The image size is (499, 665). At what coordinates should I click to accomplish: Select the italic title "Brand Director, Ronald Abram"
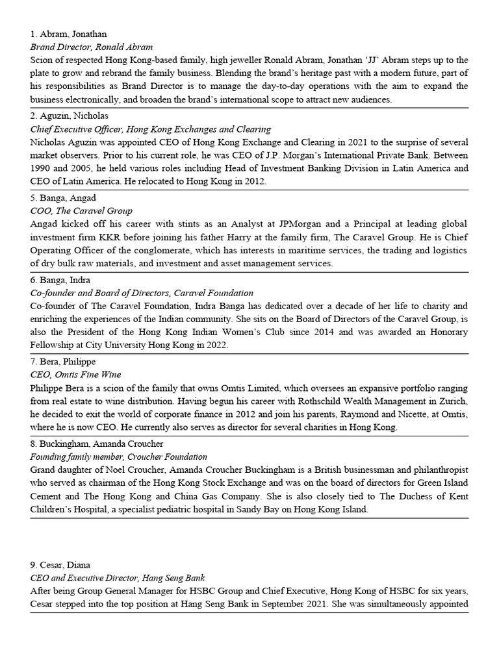click(92, 47)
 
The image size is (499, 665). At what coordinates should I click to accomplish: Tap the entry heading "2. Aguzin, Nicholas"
click(70, 116)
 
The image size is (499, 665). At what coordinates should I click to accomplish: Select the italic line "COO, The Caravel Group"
click(81, 210)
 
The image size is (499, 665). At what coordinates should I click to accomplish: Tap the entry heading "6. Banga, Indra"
click(64, 281)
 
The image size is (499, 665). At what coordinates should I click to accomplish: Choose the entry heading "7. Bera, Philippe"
click(67, 362)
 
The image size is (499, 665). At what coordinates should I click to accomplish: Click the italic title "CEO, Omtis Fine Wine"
click(75, 375)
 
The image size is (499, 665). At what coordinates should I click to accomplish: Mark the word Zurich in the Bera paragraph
click(453, 401)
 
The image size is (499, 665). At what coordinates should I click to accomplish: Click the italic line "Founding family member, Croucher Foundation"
click(119, 457)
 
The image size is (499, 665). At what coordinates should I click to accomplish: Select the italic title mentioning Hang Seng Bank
click(118, 578)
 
